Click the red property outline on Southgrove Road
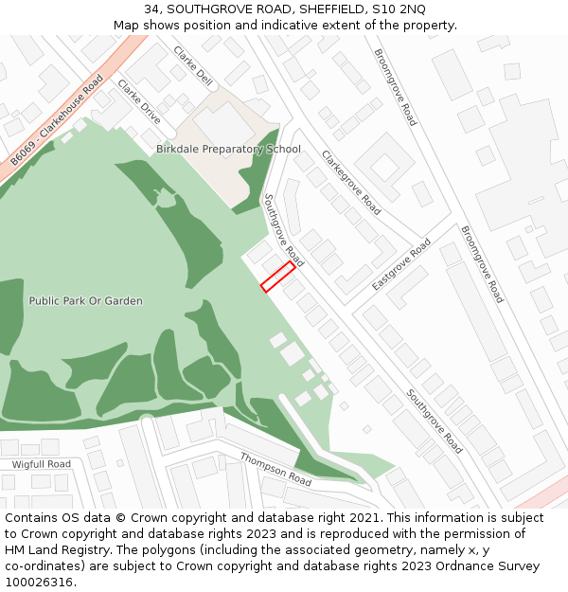[x=277, y=277]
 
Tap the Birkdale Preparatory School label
[x=228, y=149]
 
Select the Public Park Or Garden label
[x=85, y=301]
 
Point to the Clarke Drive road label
[x=139, y=101]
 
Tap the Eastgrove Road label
[x=401, y=264]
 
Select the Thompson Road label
[x=275, y=469]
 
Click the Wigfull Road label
[x=41, y=464]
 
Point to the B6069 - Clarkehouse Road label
[x=57, y=122]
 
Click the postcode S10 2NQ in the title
[x=401, y=9]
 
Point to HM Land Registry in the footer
[x=51, y=550]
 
